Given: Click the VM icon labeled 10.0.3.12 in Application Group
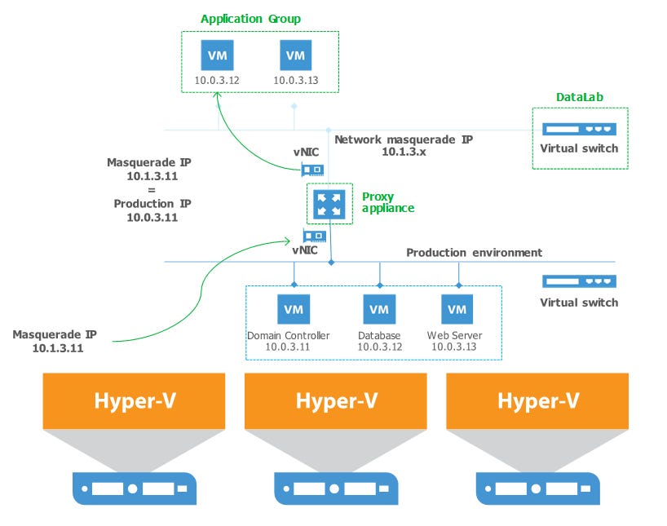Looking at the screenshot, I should pyautogui.click(x=218, y=55).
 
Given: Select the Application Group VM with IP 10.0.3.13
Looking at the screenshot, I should pyautogui.click(x=296, y=55).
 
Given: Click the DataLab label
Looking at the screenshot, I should pyautogui.click(x=580, y=97).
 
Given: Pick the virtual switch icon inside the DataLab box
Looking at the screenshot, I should pyautogui.click(x=580, y=129).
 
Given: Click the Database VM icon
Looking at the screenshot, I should pyautogui.click(x=378, y=309).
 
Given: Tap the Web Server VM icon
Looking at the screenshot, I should pyautogui.click(x=457, y=309).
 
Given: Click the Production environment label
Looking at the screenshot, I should pyautogui.click(x=474, y=252).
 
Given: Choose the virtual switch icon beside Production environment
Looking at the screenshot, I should pyautogui.click(x=580, y=281).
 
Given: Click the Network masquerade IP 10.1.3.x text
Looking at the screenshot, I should pyautogui.click(x=403, y=145).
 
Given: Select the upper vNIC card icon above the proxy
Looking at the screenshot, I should pyautogui.click(x=312, y=170).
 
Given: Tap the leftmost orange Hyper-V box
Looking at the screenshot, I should pyautogui.click(x=133, y=400).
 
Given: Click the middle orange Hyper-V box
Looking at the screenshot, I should pyautogui.click(x=335, y=400).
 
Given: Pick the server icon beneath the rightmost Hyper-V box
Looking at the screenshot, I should pyautogui.click(x=537, y=490).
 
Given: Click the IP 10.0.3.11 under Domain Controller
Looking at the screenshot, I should pyautogui.click(x=288, y=347).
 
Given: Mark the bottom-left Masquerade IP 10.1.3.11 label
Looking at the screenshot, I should pyautogui.click(x=55, y=341).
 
